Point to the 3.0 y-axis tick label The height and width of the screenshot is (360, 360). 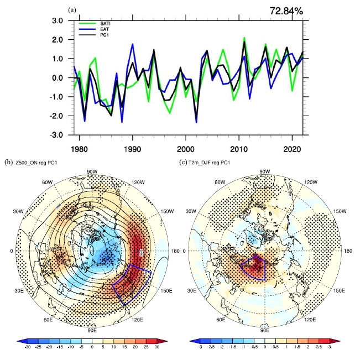click(x=56, y=21)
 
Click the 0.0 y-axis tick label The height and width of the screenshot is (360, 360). click(x=56, y=78)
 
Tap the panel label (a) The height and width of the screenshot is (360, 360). click(x=71, y=10)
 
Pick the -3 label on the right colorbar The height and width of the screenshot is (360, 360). click(x=194, y=348)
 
